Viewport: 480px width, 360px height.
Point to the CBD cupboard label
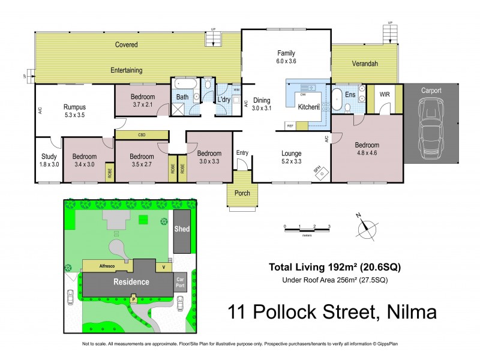pos(142,135)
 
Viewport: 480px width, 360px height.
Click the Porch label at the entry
pos(242,193)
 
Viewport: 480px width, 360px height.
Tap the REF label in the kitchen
pos(290,125)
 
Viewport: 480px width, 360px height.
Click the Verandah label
pos(365,64)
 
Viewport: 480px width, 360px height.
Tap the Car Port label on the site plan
pos(180,282)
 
